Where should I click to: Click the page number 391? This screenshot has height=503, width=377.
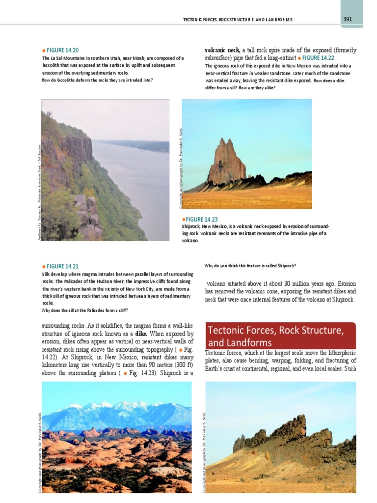pos(348,19)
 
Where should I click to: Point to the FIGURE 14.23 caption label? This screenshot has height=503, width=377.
pos(201,219)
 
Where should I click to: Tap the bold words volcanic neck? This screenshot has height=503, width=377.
pos(222,50)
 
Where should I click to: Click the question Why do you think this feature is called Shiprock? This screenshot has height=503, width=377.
pos(250,266)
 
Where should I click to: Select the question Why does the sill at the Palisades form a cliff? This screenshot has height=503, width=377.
pos(84,310)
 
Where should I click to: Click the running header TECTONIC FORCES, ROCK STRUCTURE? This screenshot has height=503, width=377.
pos(238,20)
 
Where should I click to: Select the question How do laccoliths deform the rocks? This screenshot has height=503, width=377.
pos(97,80)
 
